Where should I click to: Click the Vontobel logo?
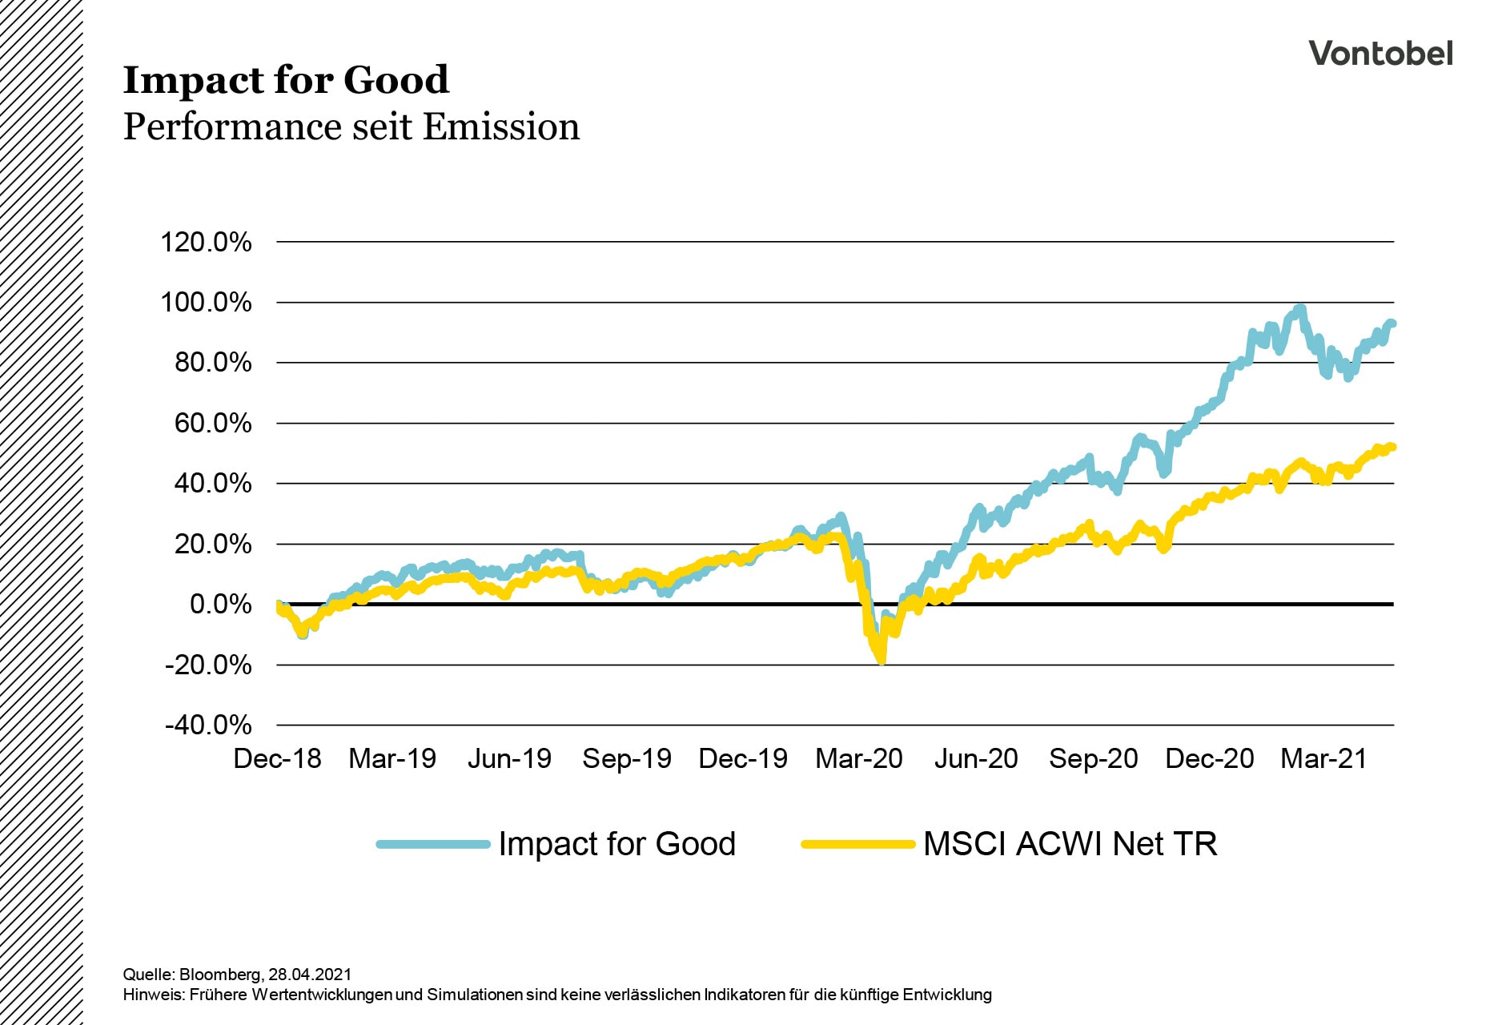[1380, 54]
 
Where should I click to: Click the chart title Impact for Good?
[286, 80]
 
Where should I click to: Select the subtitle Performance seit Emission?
[351, 127]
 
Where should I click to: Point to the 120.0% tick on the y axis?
[206, 242]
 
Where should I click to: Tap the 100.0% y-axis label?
[206, 303]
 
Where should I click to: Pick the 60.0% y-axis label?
[212, 424]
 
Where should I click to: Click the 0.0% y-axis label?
[219, 605]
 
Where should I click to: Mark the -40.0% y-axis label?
[208, 726]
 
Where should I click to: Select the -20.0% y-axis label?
[208, 665]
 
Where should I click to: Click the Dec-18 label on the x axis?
[277, 758]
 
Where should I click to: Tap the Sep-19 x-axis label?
[627, 758]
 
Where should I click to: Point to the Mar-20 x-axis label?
[859, 758]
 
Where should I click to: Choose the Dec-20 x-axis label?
[1209, 758]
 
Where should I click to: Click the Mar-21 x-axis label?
[1323, 758]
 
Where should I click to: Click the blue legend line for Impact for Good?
[433, 844]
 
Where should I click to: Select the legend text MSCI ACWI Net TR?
[1070, 844]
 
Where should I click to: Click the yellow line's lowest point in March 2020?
[882, 661]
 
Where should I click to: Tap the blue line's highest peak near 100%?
[1300, 308]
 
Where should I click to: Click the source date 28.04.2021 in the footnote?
[310, 975]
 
